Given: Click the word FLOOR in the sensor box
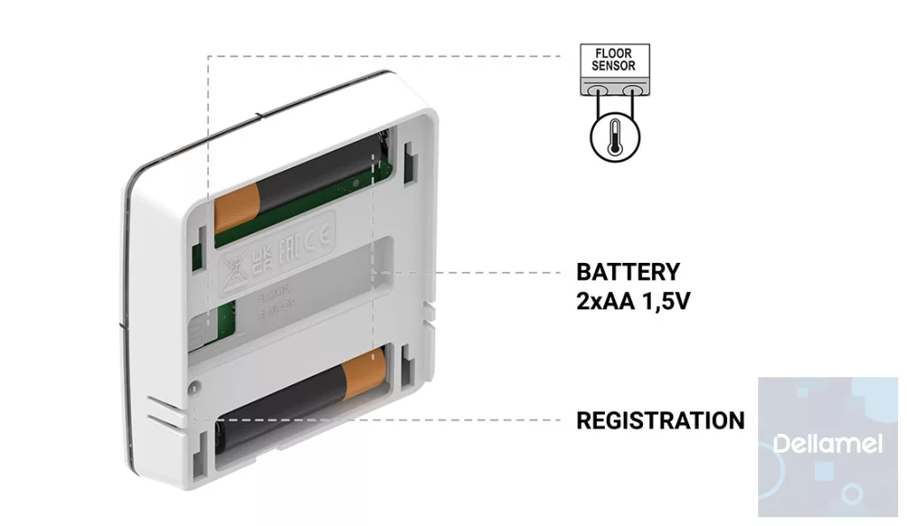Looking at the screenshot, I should (x=613, y=54).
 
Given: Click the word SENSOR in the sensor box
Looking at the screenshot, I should (x=613, y=66).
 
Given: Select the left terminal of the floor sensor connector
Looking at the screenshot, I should (x=598, y=90).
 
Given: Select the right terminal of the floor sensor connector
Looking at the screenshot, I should (x=630, y=90).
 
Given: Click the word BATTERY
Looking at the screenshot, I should (x=628, y=272).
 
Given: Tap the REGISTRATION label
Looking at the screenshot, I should (x=660, y=421).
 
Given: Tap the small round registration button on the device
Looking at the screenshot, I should (x=193, y=385).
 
